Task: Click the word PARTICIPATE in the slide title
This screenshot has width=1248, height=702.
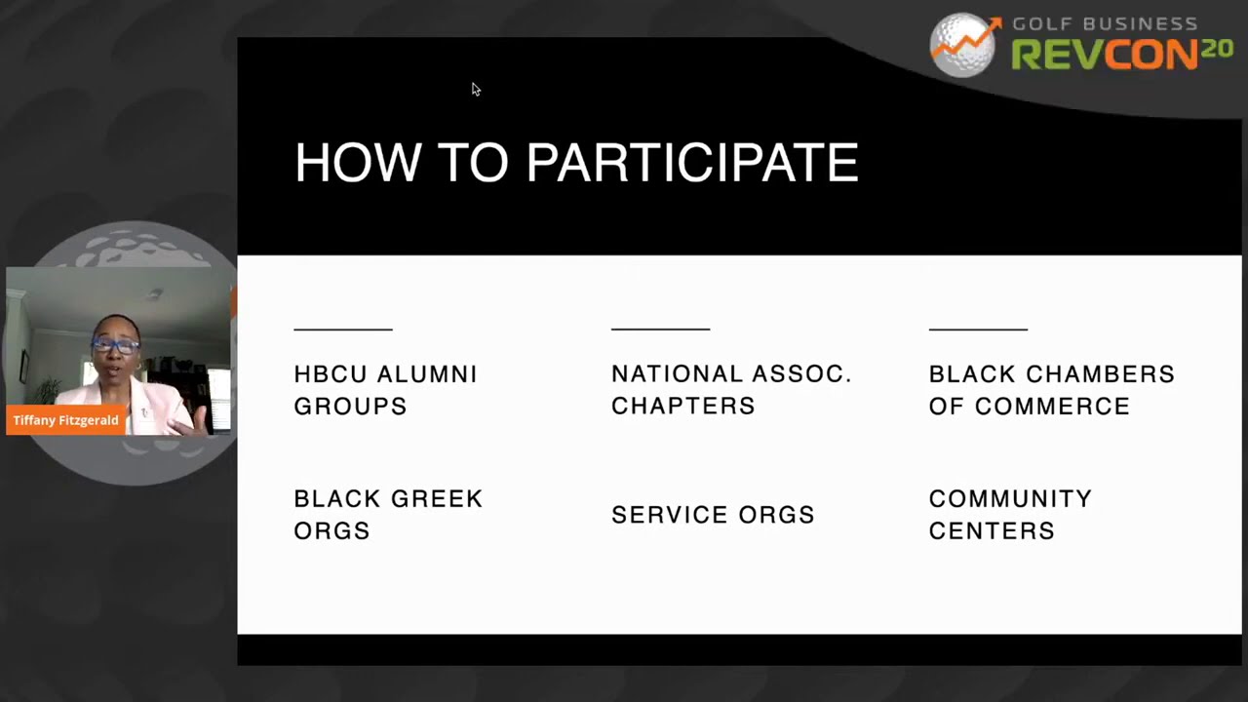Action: coord(692,162)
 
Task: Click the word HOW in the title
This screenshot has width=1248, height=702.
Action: coord(358,162)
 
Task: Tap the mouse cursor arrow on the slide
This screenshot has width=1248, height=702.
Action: coord(476,89)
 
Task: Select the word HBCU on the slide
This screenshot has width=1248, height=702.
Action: coord(330,374)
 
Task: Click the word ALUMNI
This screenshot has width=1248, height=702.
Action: coord(427,374)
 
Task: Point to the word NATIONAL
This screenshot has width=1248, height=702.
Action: coord(677,373)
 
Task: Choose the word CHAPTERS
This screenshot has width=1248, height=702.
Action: coord(683,407)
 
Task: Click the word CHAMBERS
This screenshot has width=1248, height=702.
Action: coord(1101,374)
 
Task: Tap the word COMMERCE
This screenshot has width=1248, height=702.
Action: coord(1052,407)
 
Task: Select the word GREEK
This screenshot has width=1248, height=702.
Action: coord(436,499)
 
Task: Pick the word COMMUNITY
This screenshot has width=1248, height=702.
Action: coord(1010,498)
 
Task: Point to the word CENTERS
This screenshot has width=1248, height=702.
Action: coord(992,531)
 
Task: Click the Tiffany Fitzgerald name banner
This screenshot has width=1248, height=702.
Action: coord(65,420)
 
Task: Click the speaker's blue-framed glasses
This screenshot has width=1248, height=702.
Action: coord(115,345)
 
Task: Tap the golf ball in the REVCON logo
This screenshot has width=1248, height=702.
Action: coord(962,45)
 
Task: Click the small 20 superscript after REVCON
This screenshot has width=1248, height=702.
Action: coord(1216,49)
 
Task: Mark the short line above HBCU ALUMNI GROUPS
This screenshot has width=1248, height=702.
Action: coord(343,330)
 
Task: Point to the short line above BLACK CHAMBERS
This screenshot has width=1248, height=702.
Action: coord(978,330)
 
